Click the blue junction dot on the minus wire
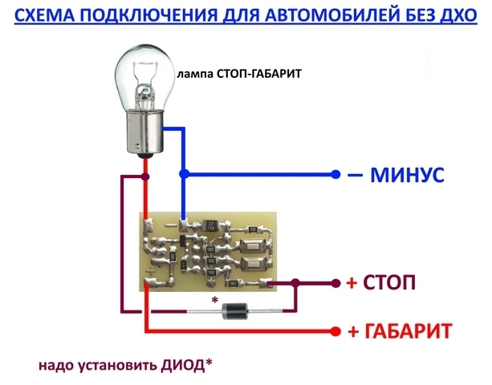(x=184, y=173)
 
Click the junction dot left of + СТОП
(x=295, y=283)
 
